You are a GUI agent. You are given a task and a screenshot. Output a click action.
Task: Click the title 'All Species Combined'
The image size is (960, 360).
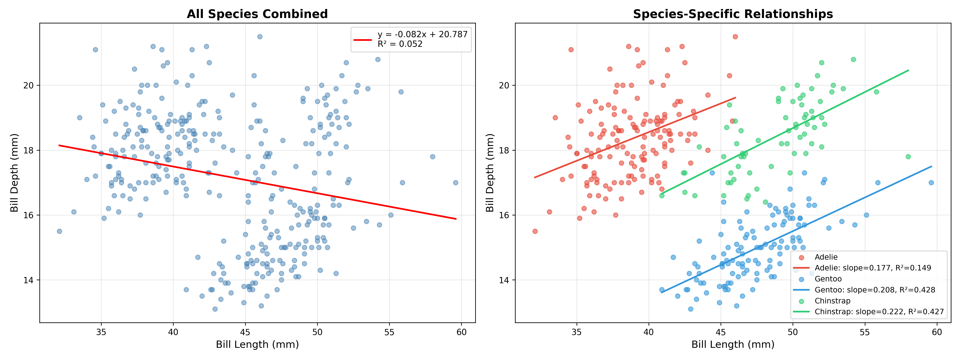[x=257, y=14]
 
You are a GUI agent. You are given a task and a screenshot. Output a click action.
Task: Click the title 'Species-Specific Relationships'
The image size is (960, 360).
[x=733, y=14]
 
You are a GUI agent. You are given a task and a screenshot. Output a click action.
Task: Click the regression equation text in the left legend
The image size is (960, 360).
[x=422, y=34]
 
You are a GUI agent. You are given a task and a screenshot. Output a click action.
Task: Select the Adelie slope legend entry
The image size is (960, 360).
[x=873, y=268]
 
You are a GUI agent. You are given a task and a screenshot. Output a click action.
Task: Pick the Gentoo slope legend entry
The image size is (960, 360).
[x=875, y=290]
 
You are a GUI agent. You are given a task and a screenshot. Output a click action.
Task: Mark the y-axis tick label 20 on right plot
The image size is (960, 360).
[x=504, y=85]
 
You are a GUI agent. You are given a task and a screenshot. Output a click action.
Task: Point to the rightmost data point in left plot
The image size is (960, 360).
[x=455, y=183]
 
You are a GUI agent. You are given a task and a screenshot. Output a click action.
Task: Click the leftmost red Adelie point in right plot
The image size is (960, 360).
[x=535, y=231]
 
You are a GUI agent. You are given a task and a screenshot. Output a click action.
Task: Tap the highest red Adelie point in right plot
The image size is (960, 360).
[x=735, y=37]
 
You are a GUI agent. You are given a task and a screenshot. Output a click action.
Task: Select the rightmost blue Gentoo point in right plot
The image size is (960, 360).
[x=931, y=183]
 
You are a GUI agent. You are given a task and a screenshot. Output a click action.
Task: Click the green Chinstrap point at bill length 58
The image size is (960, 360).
[x=908, y=157]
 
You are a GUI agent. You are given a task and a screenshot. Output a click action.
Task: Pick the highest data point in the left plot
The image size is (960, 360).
[x=260, y=37]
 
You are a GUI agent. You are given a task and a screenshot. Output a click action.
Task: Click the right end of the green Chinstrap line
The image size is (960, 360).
[x=908, y=70]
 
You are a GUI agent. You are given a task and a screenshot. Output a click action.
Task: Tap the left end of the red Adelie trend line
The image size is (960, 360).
[x=535, y=177]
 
